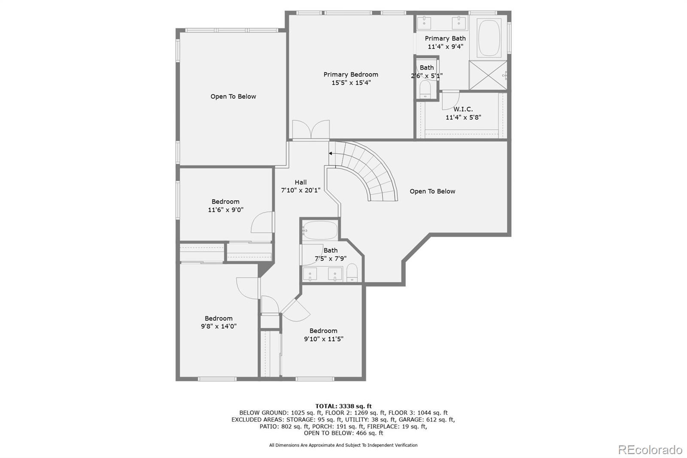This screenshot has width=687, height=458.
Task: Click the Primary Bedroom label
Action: pyautogui.click(x=351, y=74)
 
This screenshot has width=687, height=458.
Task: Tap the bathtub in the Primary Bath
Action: pyautogui.click(x=489, y=37)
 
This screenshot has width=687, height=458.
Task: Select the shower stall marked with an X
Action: pyautogui.click(x=487, y=76)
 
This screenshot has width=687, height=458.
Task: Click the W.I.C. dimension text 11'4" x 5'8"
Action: pyautogui.click(x=463, y=117)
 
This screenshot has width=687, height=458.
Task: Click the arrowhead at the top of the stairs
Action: pyautogui.click(x=331, y=153)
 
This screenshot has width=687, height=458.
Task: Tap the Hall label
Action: pyautogui.click(x=301, y=182)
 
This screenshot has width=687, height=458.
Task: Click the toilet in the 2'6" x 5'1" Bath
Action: pyautogui.click(x=425, y=90)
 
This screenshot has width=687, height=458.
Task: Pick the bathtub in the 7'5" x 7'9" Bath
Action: pyautogui.click(x=320, y=230)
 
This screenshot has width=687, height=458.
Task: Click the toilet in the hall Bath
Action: pyautogui.click(x=352, y=273)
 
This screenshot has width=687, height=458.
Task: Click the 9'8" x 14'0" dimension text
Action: pyautogui.click(x=219, y=326)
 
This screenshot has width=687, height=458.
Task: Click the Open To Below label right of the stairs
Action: pyautogui.click(x=432, y=191)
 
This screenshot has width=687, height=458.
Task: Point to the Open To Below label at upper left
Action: pyautogui.click(x=233, y=96)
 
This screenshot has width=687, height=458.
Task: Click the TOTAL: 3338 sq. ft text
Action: pyautogui.click(x=343, y=406)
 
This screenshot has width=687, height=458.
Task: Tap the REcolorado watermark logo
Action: pyautogui.click(x=650, y=450)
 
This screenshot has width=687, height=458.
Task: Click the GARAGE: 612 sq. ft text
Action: pyautogui.click(x=434, y=420)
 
